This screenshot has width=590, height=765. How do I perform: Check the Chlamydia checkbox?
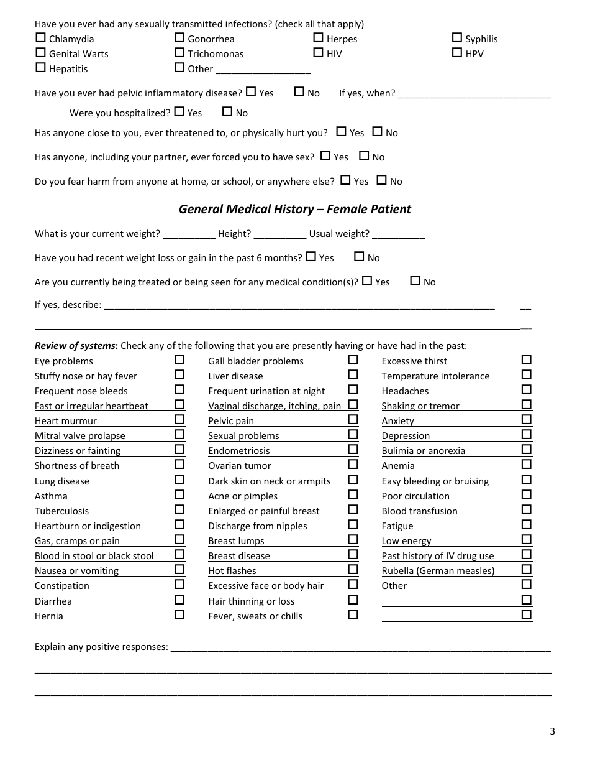(x=40, y=38)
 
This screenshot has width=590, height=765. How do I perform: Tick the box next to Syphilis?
(x=457, y=38)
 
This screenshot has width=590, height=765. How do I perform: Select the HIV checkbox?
(x=318, y=53)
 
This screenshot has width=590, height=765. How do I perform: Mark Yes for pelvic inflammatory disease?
(x=251, y=92)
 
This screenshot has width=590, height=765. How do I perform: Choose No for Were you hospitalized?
(x=227, y=112)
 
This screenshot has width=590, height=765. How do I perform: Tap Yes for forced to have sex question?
(x=325, y=156)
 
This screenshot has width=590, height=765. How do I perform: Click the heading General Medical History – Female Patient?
(x=295, y=210)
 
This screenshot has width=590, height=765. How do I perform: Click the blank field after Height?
(x=280, y=234)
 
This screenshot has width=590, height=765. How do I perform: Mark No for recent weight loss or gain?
(x=359, y=257)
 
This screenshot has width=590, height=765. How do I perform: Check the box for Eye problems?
(x=179, y=359)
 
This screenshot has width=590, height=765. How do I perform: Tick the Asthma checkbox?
(x=179, y=494)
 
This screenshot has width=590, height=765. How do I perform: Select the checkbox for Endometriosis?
(x=353, y=449)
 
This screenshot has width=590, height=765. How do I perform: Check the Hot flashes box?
(x=353, y=569)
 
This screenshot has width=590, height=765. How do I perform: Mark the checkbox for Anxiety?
(x=526, y=419)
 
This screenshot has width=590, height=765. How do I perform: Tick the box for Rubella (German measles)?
(x=526, y=569)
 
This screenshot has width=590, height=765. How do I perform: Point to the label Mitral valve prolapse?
(x=80, y=436)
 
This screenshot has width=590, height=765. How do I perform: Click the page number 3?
(x=552, y=731)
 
